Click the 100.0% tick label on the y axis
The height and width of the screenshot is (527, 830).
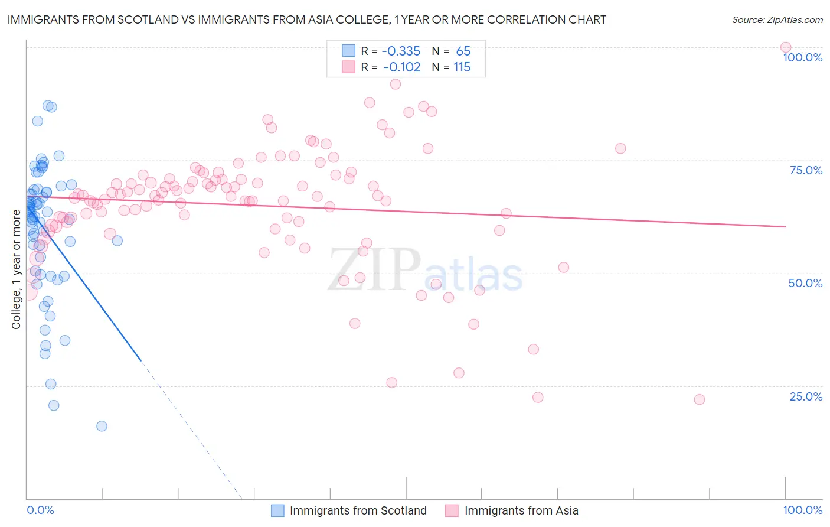click(x=802, y=57)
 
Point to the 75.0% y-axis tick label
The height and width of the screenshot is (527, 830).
click(x=806, y=170)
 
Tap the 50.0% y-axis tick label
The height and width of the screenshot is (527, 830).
click(x=805, y=283)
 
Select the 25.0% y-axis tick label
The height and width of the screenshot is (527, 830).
click(x=806, y=396)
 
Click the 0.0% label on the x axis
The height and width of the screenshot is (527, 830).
click(x=40, y=510)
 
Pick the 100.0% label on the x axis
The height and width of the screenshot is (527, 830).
click(x=802, y=510)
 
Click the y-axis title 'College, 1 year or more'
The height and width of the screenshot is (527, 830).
click(x=16, y=269)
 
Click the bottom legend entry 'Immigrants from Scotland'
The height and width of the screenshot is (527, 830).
click(x=358, y=510)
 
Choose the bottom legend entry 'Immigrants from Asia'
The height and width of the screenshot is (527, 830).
click(x=521, y=510)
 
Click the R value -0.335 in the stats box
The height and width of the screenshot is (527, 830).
click(x=401, y=51)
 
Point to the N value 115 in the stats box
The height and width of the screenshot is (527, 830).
click(x=462, y=67)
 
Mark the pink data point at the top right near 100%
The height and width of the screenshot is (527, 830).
click(x=785, y=47)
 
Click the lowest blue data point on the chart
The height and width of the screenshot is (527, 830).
click(x=102, y=426)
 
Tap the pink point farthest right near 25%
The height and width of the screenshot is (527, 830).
click(x=700, y=399)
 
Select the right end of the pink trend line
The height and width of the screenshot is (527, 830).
click(x=785, y=226)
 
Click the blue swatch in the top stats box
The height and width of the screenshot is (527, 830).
click(x=349, y=51)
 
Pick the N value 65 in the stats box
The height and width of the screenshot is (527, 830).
click(x=463, y=51)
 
